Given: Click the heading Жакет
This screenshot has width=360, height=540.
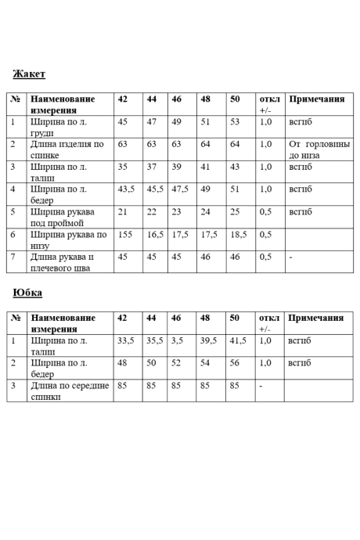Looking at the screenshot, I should [29, 74].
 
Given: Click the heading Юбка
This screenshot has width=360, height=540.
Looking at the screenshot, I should [27, 293].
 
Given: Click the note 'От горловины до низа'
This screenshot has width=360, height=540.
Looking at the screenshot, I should [318, 149].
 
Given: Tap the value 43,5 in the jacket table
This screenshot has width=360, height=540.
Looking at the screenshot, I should [126, 189].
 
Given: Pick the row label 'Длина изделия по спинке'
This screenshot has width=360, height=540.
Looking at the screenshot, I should [67, 149].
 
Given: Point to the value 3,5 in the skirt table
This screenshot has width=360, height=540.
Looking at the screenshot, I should [177, 341].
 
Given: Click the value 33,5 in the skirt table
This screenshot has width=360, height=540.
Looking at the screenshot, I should [126, 341].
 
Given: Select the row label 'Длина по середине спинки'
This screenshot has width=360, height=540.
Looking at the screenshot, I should [70, 391].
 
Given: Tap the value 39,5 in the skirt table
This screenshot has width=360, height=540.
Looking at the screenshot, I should [208, 341].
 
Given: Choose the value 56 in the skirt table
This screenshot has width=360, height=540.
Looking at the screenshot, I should [234, 363].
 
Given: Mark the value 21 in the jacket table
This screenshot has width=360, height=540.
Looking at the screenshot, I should [122, 212].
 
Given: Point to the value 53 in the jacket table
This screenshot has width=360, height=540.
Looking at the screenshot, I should [234, 122].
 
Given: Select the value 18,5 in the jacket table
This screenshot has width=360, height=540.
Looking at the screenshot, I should [238, 235].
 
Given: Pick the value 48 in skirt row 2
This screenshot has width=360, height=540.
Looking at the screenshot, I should [122, 363].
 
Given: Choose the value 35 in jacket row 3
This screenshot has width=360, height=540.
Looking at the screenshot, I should [122, 167].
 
